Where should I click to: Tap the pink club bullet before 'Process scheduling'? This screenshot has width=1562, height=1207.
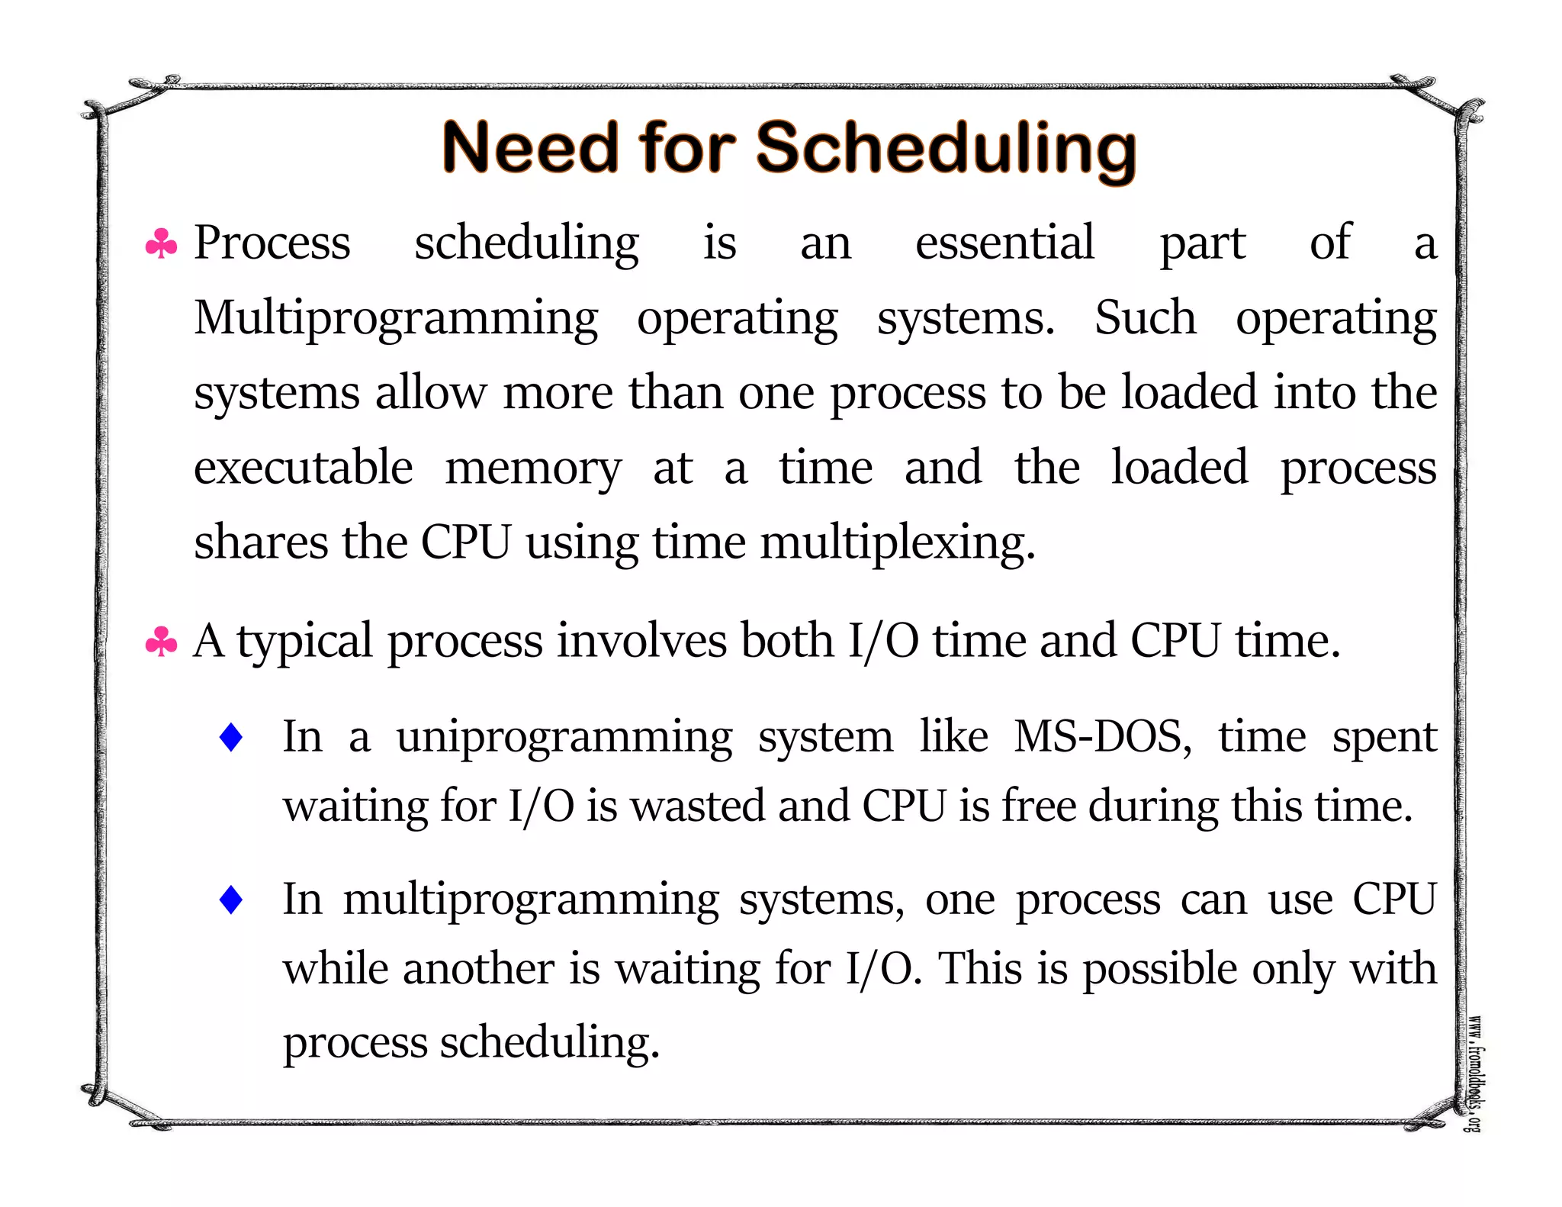tap(161, 244)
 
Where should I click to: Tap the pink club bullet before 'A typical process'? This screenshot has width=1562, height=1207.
tap(161, 642)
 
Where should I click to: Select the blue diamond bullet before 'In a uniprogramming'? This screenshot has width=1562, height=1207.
tap(230, 738)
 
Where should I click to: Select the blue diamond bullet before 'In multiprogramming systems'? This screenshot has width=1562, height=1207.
tap(230, 900)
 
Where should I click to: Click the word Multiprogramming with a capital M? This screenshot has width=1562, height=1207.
tap(396, 319)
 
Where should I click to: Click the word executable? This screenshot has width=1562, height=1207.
tap(303, 468)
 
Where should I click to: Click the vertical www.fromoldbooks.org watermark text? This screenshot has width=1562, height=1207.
tap(1475, 1073)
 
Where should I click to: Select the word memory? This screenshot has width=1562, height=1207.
tap(533, 469)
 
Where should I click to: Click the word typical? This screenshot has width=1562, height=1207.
tap(304, 642)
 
